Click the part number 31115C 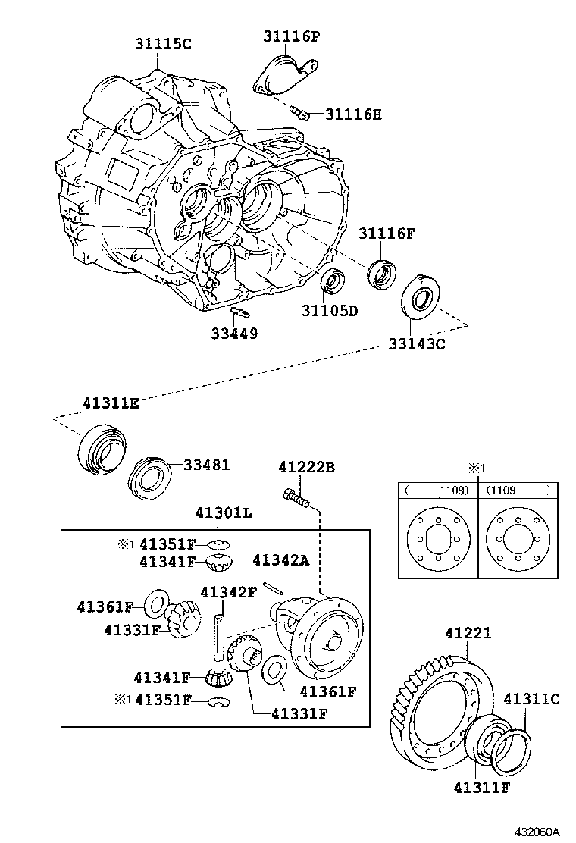[163, 43]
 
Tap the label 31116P [291, 36]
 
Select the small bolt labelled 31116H [299, 112]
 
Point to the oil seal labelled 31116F [382, 274]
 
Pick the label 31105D [330, 311]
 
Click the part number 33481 [207, 465]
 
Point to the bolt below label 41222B [295, 497]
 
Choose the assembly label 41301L [224, 512]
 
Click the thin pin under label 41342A [272, 587]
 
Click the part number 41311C [531, 699]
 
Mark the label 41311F [481, 788]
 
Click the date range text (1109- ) [518, 490]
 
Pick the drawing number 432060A [537, 832]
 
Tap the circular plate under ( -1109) [439, 541]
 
